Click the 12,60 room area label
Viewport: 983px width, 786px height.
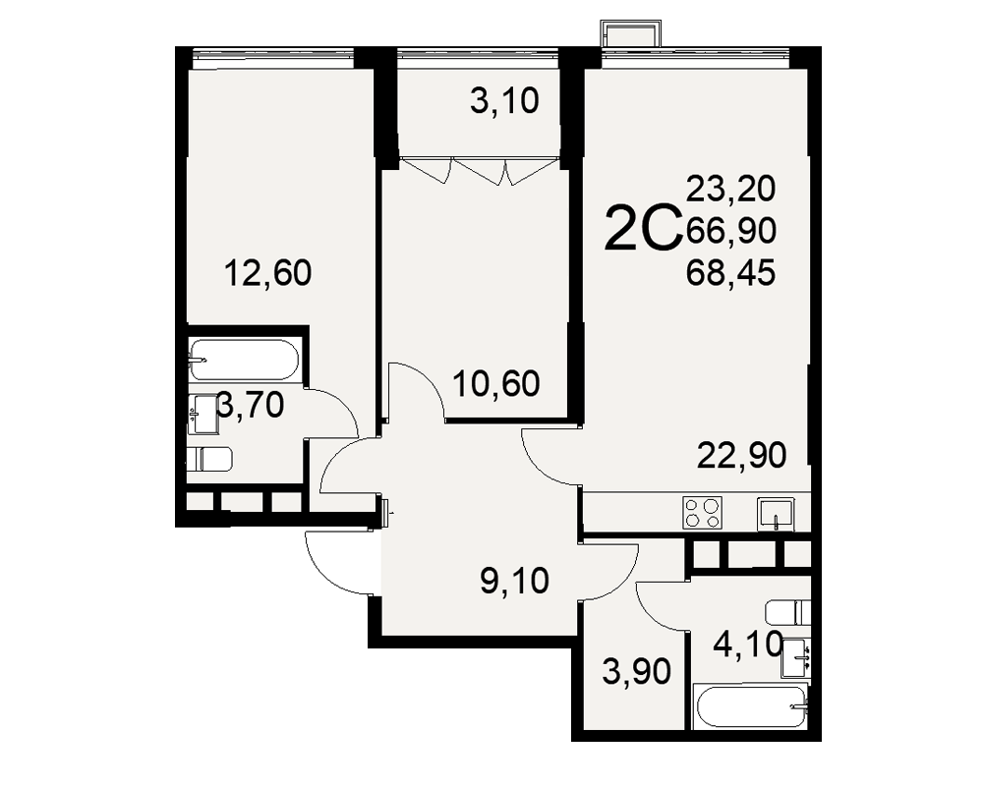[x=267, y=273]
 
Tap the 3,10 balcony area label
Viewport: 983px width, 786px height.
[x=504, y=101]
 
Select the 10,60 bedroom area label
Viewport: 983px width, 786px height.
[x=495, y=383]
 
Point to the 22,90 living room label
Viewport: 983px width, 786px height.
[x=741, y=455]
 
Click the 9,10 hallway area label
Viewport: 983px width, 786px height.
[x=515, y=581]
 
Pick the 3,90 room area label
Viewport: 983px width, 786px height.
[x=636, y=671]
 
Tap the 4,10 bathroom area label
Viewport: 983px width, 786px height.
[x=748, y=644]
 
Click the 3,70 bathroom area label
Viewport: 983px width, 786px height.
[x=250, y=405]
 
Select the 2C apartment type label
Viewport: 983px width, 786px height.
[x=643, y=229]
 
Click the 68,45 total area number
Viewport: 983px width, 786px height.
[x=731, y=273]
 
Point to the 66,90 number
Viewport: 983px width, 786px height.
[x=731, y=231]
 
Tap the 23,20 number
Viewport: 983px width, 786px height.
[x=731, y=189]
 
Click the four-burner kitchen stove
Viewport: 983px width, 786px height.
[x=703, y=513]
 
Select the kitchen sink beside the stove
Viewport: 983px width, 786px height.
[x=776, y=514]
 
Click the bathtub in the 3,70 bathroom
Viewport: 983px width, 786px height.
[x=244, y=360]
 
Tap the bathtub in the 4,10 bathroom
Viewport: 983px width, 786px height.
[x=751, y=707]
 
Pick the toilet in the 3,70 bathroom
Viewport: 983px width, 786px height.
[x=209, y=460]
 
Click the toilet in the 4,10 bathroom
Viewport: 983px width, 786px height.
[x=788, y=612]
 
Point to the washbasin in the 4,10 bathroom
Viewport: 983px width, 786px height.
[x=795, y=658]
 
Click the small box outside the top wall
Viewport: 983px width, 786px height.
[x=631, y=32]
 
